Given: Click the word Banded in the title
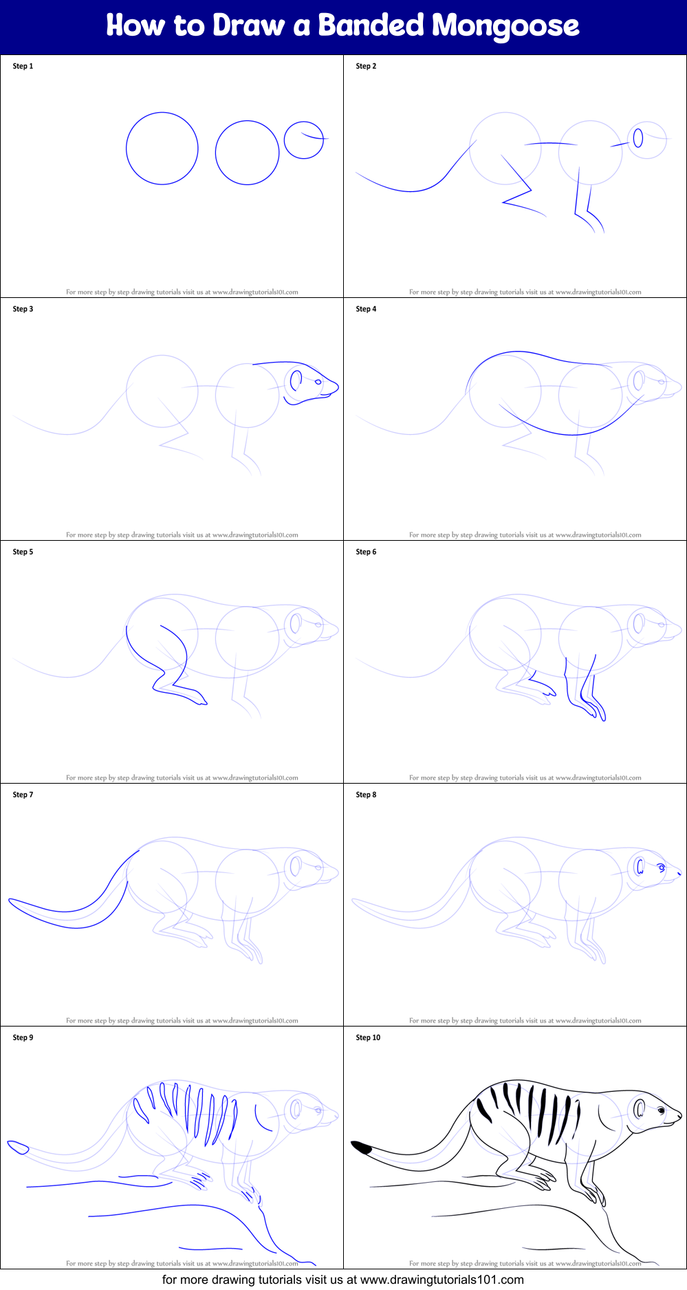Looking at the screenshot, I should coord(371,25).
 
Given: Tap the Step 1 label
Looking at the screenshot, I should coord(23,66).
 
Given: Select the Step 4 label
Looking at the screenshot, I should coord(366,309).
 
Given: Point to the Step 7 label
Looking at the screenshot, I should coord(23,795).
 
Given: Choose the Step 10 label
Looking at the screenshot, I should coord(368,1038).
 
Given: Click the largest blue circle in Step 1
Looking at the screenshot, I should coord(162,149).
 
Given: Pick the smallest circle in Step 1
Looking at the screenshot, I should coord(303,140).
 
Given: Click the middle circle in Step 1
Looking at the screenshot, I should coord(247,153).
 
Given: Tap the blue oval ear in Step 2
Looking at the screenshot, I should coord(638,138).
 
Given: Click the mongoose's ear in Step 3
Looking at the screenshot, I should coord(296,380).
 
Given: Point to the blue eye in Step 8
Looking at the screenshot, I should coord(662,868).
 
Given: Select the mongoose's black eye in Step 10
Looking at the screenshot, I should coord(661,1110).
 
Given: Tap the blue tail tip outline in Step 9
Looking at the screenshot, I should coord(18,1147).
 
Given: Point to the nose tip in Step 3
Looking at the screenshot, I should coord(336,387).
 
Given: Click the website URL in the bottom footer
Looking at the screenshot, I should coord(441,1280).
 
